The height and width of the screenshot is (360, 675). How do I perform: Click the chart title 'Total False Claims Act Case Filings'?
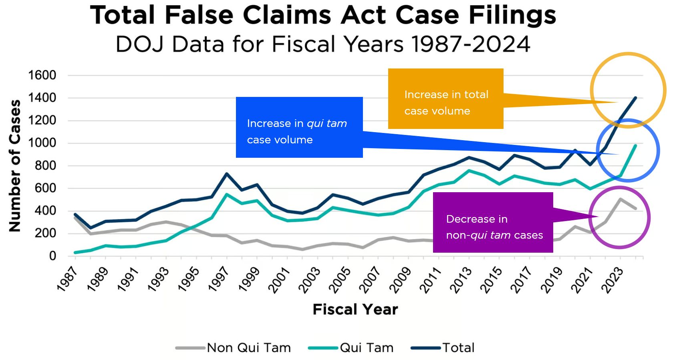[x=323, y=15]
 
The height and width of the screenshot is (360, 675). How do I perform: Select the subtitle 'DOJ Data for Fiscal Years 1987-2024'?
[x=323, y=44]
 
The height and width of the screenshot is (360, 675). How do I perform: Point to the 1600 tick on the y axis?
[x=42, y=75]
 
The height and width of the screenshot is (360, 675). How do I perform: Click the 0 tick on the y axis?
[x=52, y=256]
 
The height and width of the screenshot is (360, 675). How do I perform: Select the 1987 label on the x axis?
[x=67, y=279]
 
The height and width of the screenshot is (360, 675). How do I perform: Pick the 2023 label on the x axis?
[x=613, y=280]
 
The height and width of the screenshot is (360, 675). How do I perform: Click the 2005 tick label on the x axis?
[x=340, y=280]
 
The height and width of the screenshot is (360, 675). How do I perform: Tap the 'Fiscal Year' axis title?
[x=355, y=309]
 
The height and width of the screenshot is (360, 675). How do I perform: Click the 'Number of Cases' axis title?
[x=15, y=165]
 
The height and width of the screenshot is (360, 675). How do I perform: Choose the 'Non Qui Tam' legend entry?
[x=248, y=348]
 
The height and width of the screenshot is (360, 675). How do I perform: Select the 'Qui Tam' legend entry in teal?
[x=366, y=348]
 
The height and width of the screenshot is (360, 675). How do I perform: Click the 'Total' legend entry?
[x=458, y=348]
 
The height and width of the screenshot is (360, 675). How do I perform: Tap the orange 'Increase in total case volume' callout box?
[x=445, y=99]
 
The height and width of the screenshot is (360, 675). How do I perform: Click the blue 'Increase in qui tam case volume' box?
[x=299, y=127]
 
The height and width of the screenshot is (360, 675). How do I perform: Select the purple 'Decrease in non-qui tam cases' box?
[x=493, y=222]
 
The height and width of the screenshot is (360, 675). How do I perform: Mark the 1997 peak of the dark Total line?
[x=227, y=174]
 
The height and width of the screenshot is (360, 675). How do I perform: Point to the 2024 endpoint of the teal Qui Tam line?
[x=635, y=145]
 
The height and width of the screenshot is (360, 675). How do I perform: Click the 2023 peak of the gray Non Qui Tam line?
[x=620, y=199]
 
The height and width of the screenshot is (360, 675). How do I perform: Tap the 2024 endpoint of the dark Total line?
[x=635, y=98]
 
